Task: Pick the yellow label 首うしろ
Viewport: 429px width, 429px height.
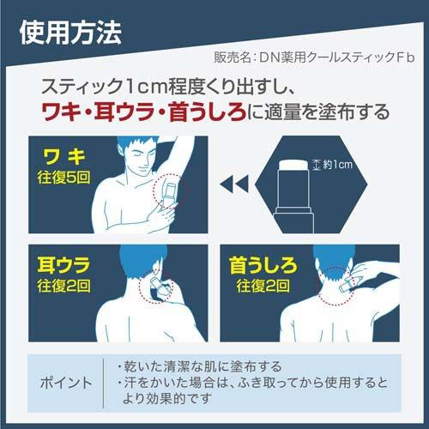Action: coord(265,265)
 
